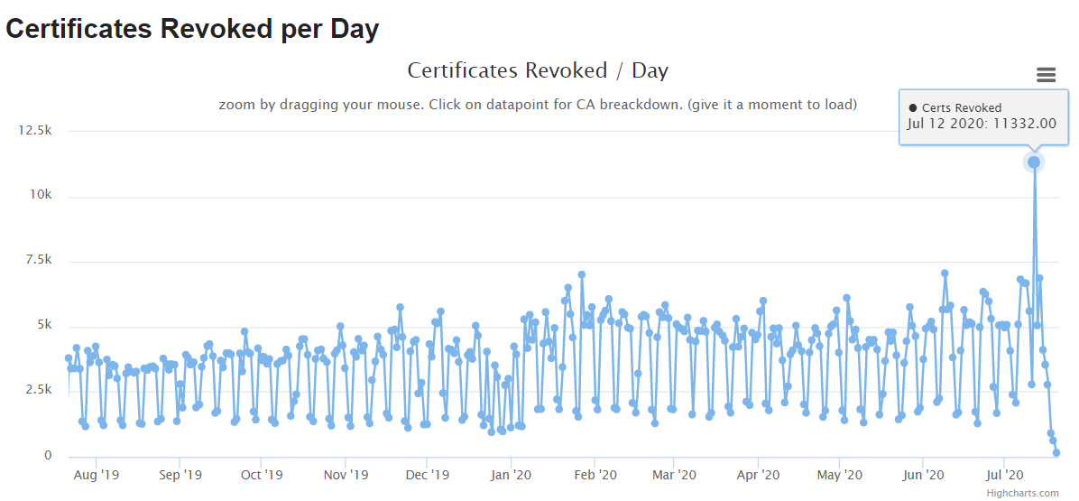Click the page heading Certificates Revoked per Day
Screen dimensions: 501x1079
click(192, 29)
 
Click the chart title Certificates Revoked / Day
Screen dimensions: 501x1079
click(538, 70)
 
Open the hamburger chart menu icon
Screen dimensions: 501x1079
click(1046, 75)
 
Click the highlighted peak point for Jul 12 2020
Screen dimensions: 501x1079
click(1034, 162)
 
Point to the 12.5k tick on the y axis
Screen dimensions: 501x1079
click(34, 131)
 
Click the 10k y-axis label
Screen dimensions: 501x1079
click(40, 196)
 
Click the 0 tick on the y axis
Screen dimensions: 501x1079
click(48, 456)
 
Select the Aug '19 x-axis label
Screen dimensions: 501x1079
click(96, 474)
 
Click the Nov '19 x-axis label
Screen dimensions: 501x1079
click(346, 474)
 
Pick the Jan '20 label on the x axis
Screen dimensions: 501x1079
click(512, 474)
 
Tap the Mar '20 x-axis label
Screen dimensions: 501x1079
click(674, 474)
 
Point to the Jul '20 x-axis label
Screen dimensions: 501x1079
click(1004, 474)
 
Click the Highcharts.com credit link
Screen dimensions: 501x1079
click(1022, 493)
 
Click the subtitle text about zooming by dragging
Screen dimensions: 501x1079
click(538, 105)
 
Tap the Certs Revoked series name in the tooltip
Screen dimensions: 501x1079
click(960, 107)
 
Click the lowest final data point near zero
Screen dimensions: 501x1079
click(1056, 452)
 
